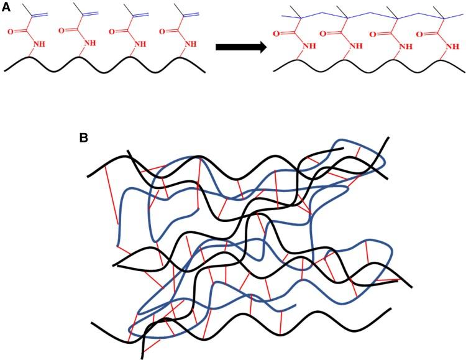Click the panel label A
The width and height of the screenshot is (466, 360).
click(7, 6)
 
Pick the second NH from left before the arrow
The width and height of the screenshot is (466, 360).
click(91, 44)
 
